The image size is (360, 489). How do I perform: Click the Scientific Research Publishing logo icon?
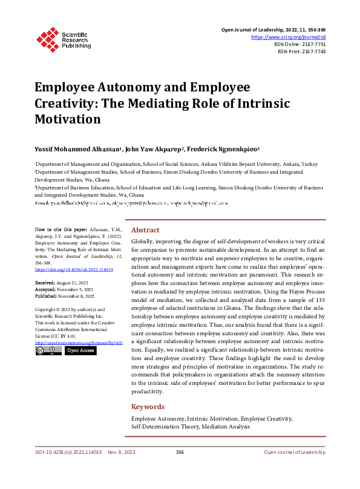point(47,38)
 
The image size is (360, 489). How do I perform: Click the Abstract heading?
point(145,230)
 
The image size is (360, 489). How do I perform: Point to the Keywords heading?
point(148,406)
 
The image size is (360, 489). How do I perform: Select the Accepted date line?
point(64,289)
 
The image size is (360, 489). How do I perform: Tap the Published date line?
point(64,297)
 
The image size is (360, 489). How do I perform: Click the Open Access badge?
point(80,350)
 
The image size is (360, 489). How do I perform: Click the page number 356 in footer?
point(180,452)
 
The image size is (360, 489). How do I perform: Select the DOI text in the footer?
point(68,452)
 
